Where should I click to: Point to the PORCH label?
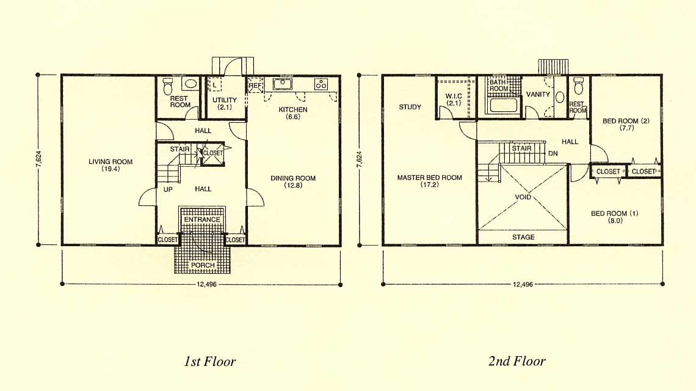203,265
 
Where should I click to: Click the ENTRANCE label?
203,219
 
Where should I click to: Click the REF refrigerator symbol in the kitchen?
256,86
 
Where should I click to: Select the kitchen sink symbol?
282,84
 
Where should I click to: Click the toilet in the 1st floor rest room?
167,86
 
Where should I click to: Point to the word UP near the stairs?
168,189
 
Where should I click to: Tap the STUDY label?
410,107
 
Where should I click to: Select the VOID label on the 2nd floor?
523,197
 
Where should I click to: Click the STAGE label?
523,237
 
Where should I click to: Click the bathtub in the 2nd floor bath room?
502,106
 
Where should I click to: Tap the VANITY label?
538,94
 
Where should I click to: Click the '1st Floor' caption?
210,361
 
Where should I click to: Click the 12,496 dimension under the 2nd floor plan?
523,284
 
